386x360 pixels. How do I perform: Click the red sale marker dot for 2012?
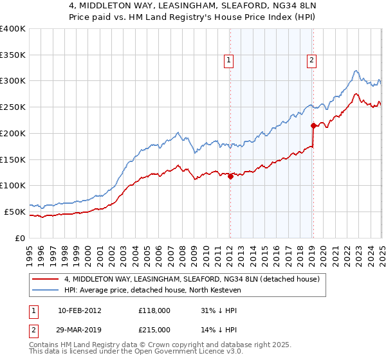click(230, 175)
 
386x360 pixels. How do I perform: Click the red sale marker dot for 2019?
click(313, 125)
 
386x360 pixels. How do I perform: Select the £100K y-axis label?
click(13, 185)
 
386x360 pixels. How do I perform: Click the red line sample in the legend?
click(46, 279)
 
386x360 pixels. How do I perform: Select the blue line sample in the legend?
click(46, 290)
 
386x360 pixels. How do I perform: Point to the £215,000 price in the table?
click(154, 329)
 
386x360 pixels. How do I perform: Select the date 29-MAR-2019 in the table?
click(80, 329)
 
